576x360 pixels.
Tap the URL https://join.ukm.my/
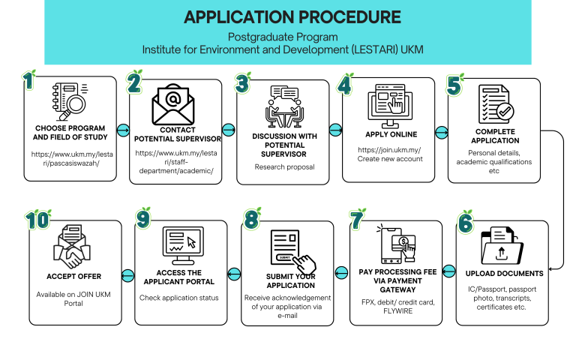tap(389, 149)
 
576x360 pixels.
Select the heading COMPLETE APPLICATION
tap(495, 136)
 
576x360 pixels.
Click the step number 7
tap(358, 219)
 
